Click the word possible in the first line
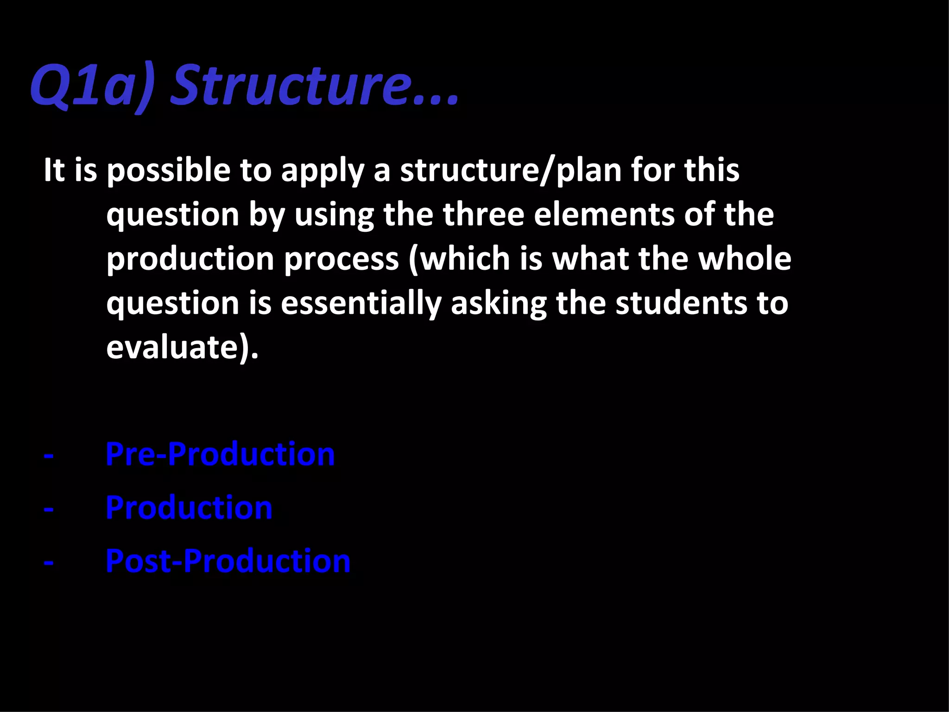coord(169,171)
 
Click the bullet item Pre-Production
coord(220,454)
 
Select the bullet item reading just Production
coord(189,508)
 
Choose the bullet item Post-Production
coord(228,561)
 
